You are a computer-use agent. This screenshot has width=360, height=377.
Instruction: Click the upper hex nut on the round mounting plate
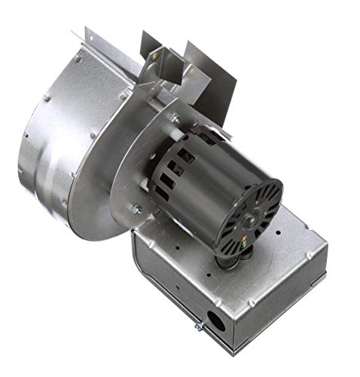(x=173, y=117)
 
